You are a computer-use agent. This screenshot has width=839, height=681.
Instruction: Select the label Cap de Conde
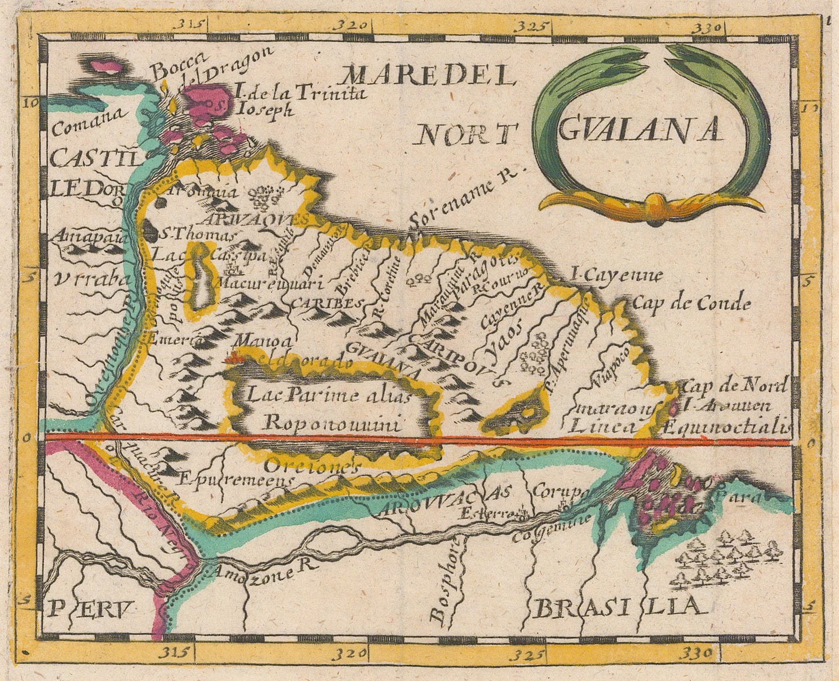[x=691, y=304]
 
